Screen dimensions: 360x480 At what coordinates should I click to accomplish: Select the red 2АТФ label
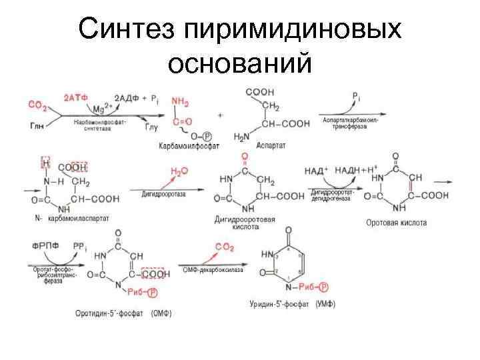point(75,97)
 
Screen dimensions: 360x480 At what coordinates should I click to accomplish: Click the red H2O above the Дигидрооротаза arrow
point(179,171)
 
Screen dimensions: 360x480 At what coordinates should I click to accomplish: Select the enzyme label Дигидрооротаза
point(164,193)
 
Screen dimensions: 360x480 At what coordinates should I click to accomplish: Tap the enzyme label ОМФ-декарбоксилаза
point(213,270)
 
